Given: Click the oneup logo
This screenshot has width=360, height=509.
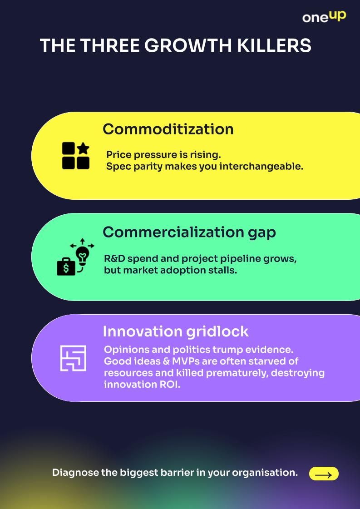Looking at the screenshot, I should (x=324, y=16).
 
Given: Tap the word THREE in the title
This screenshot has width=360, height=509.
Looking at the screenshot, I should (x=110, y=46).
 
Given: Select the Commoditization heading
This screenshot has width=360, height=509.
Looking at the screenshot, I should (x=168, y=129).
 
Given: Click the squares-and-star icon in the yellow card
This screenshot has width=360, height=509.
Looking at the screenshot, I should (x=75, y=156).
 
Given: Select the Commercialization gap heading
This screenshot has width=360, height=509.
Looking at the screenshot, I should (x=189, y=232).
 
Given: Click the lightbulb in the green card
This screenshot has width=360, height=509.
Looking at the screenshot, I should (x=83, y=255).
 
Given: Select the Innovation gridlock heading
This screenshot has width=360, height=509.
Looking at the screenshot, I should (x=175, y=331).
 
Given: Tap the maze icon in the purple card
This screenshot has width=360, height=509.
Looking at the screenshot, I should (x=73, y=358).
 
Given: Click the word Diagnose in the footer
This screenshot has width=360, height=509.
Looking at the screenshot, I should (x=75, y=473).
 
